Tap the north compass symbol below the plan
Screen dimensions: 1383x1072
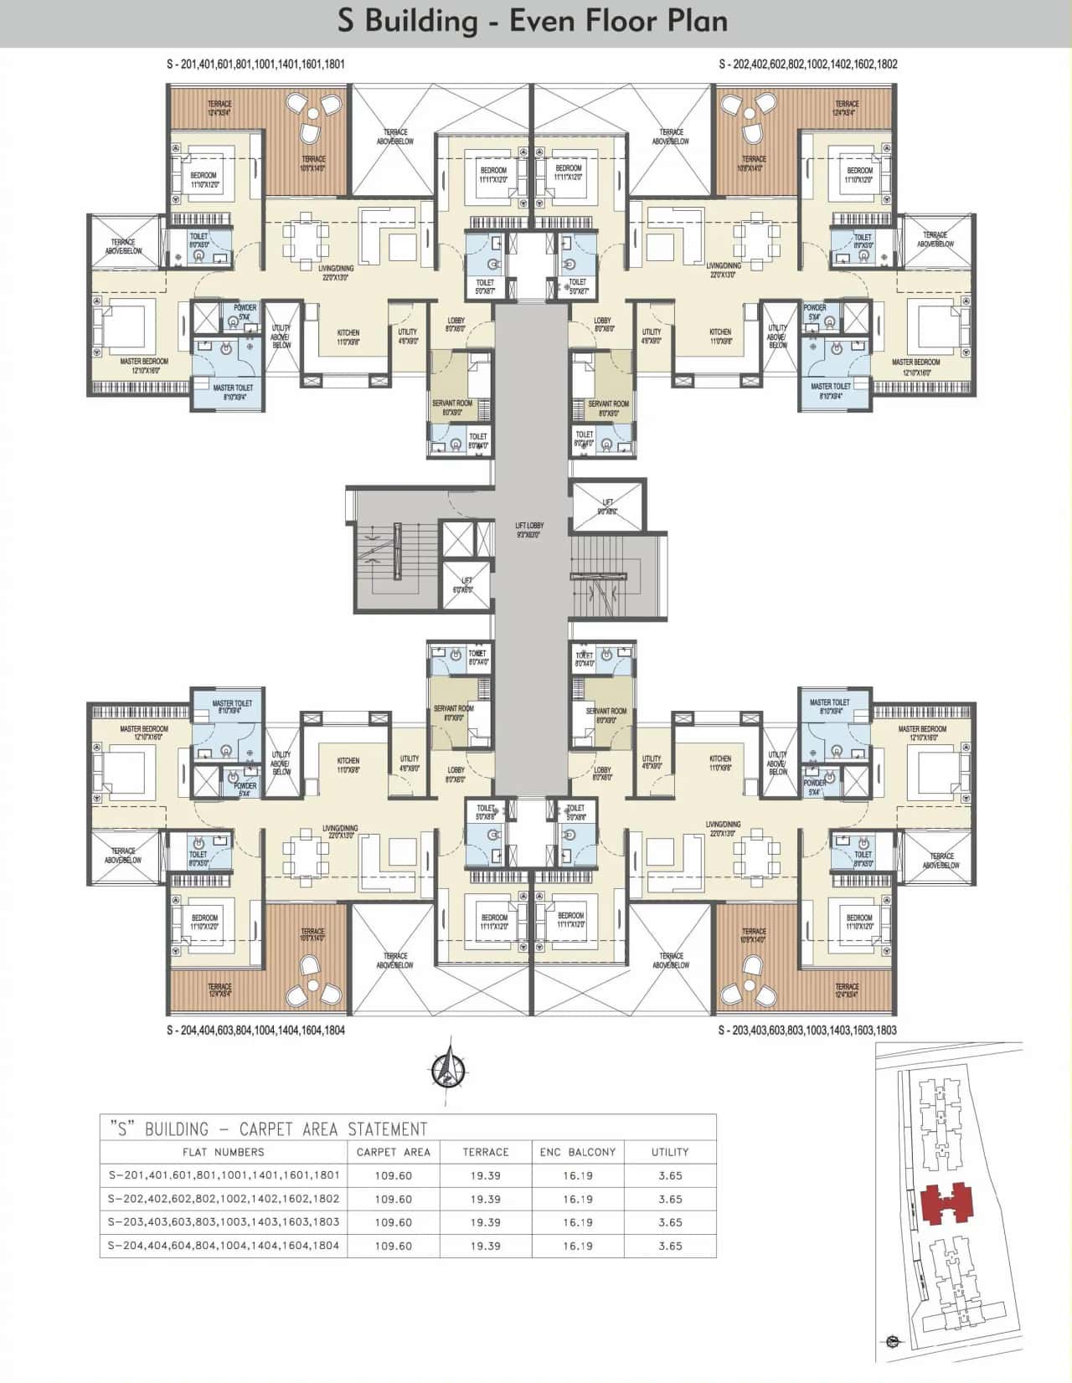pos(450,1067)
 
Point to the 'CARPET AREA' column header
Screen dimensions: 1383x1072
pos(394,1152)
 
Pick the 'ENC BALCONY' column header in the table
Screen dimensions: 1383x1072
pos(578,1152)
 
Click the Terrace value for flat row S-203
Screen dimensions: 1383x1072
pos(486,1222)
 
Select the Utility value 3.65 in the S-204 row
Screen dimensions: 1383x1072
pos(670,1246)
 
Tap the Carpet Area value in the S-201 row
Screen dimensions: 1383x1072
pos(394,1175)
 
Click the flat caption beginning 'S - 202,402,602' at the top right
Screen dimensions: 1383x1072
pos(808,64)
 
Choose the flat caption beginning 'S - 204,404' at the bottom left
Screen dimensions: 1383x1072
pos(255,1031)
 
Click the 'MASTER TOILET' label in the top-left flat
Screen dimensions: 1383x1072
pos(233,388)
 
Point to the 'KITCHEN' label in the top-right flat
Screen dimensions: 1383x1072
pos(720,332)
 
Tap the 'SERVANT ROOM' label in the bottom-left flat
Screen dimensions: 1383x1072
pos(454,708)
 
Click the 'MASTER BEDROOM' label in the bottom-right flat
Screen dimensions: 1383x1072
pos(922,729)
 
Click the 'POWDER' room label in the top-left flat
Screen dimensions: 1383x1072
pos(245,308)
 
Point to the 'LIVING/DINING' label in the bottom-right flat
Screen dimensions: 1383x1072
pos(723,825)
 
